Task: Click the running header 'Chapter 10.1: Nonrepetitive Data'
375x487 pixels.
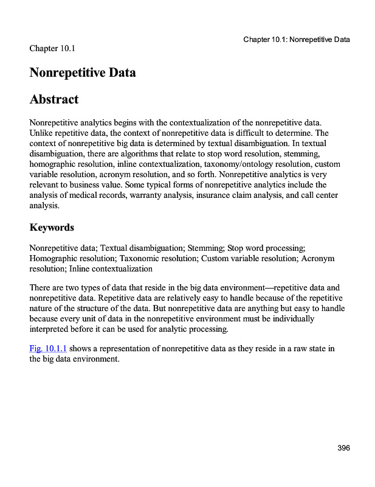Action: point(297,40)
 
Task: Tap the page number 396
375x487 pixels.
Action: point(344,448)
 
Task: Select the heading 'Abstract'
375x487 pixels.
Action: point(54,99)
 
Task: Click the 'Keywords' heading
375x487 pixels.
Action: point(52,228)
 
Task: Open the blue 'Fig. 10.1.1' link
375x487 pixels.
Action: point(48,348)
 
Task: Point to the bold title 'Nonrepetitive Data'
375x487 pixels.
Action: point(83,72)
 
